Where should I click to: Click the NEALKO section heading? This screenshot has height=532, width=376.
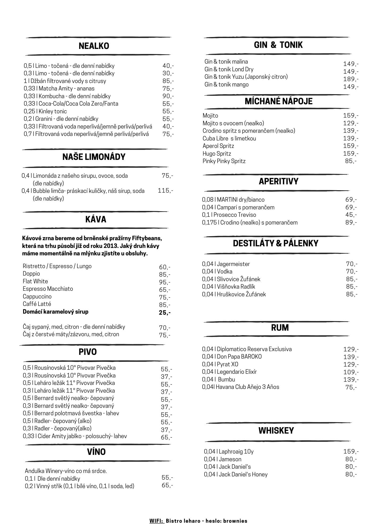(x=94, y=46)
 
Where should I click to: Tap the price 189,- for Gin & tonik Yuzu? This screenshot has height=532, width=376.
(x=351, y=79)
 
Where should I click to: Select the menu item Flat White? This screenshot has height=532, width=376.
(x=35, y=281)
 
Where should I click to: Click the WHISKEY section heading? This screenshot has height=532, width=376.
(x=276, y=430)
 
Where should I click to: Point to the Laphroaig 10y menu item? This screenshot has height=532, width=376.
(x=229, y=451)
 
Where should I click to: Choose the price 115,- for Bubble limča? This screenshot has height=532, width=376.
(x=165, y=190)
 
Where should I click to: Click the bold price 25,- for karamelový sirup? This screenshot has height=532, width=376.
(x=165, y=313)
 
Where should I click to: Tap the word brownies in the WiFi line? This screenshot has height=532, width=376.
(x=235, y=521)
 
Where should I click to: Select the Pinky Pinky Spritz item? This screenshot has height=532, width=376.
(x=224, y=161)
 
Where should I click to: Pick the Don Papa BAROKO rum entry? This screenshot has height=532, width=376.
(x=232, y=356)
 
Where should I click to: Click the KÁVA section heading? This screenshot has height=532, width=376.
(x=96, y=219)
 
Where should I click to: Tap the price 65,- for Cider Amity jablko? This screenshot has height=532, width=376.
(x=166, y=437)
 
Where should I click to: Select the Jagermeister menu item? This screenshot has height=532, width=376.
(x=226, y=264)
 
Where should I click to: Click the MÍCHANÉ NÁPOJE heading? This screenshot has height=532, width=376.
(x=278, y=101)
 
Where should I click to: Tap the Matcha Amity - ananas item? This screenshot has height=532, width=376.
(x=59, y=88)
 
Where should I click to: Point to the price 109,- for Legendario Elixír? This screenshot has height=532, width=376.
(x=351, y=372)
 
